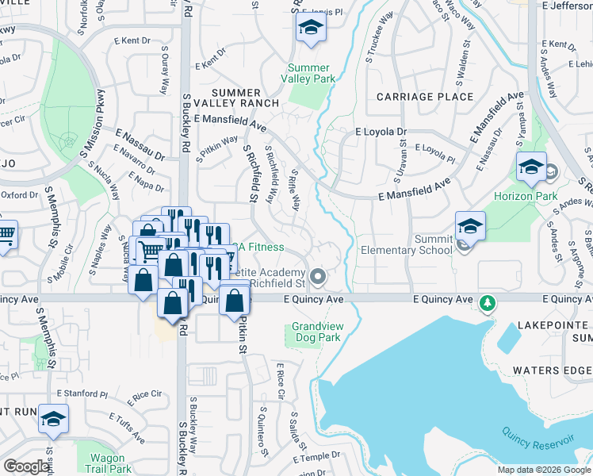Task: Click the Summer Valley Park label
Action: coord(312,73)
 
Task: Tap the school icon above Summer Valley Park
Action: coord(311,31)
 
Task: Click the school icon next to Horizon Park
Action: coord(531,167)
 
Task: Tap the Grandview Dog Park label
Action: coord(316,332)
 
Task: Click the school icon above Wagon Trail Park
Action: coord(53,420)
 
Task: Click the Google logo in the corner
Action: coord(26,466)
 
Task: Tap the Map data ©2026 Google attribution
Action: coord(542,470)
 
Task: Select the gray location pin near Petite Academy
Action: coord(318,277)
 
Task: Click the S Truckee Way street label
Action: coord(380,47)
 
